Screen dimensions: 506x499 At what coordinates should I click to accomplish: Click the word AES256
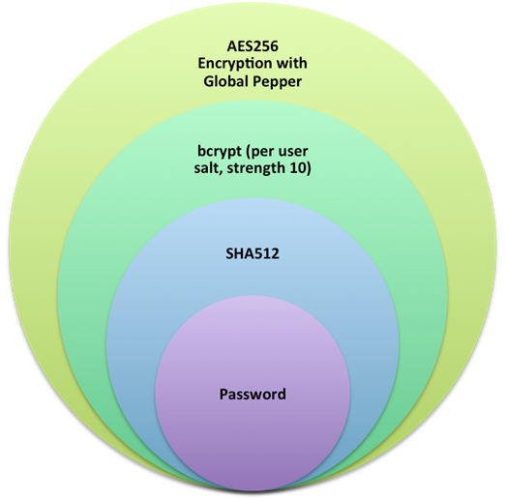[x=253, y=46]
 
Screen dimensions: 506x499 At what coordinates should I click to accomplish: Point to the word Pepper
[x=278, y=82]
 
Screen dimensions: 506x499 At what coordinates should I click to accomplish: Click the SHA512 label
[x=253, y=253]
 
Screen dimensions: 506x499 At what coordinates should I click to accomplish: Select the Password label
[x=253, y=395]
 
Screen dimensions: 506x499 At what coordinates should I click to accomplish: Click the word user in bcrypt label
[x=293, y=152]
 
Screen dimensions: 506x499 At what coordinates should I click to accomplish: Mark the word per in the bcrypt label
[x=262, y=152]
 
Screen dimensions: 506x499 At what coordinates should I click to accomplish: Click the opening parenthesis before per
[x=248, y=152]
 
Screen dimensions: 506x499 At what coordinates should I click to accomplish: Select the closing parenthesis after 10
[x=309, y=168]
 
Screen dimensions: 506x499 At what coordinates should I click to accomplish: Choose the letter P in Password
[x=223, y=395]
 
